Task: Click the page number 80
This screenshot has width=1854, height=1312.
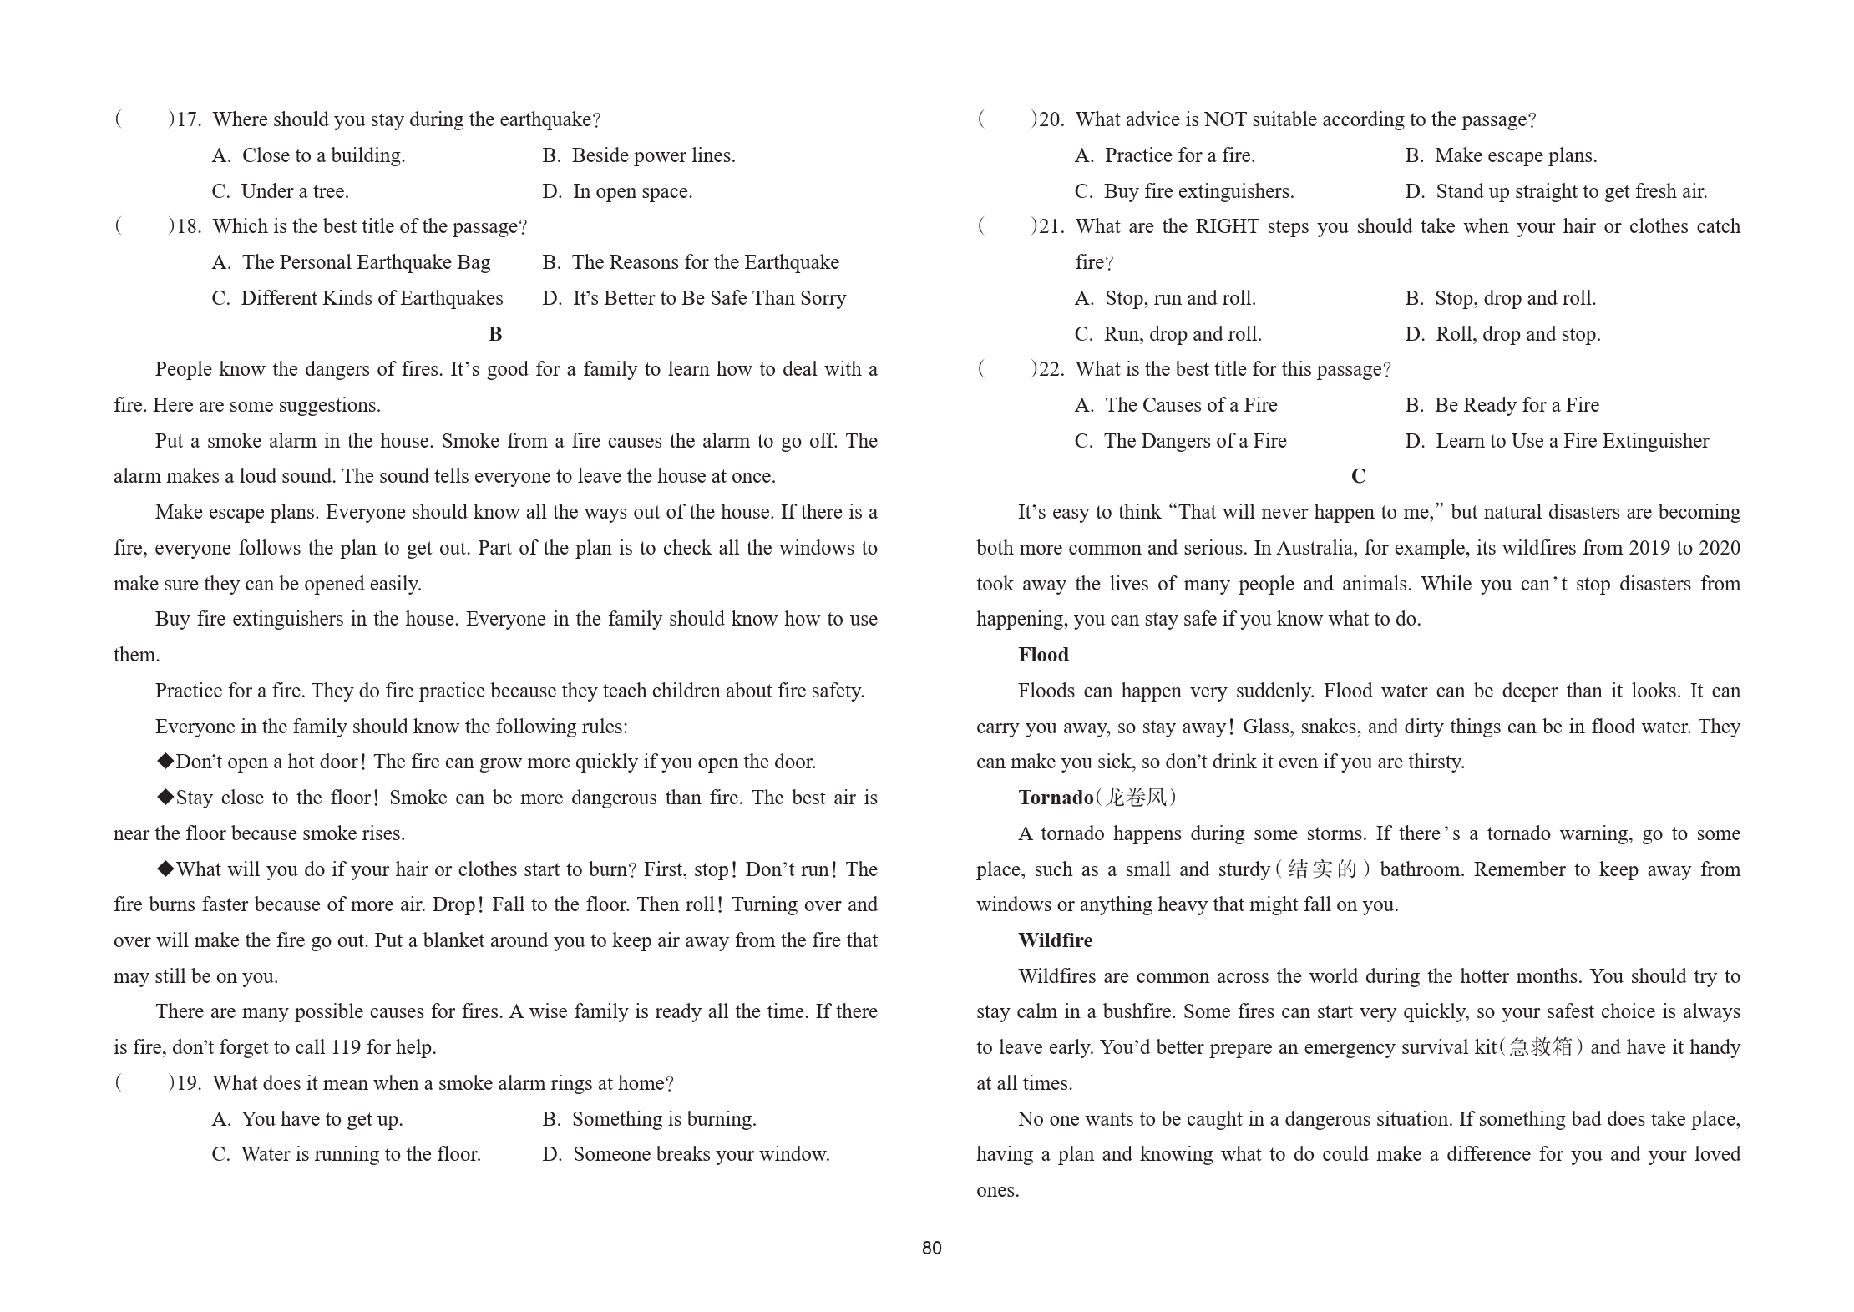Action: tap(931, 1248)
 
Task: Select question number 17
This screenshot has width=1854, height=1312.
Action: tap(190, 119)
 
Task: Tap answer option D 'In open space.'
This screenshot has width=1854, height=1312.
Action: tap(617, 191)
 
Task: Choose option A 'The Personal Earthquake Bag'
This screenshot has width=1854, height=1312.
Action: tap(352, 262)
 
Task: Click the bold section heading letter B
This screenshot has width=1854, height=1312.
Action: tap(495, 334)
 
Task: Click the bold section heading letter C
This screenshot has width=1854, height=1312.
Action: tap(1358, 476)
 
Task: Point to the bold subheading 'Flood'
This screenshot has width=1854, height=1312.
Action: tap(1043, 655)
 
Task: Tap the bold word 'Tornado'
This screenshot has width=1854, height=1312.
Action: tap(1056, 798)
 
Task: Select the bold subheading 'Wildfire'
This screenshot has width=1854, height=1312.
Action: tap(1055, 940)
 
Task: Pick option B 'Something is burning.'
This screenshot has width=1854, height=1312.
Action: tap(649, 1119)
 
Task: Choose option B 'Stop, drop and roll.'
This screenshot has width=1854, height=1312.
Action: tap(1500, 298)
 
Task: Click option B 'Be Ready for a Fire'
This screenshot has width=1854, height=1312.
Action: tap(1502, 405)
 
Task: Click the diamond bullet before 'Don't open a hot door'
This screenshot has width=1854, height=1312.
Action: tap(165, 762)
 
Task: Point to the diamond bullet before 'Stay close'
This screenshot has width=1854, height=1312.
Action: tap(165, 798)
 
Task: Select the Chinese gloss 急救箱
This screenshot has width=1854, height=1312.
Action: tap(1540, 1047)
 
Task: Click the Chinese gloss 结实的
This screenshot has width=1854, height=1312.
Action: tap(1323, 869)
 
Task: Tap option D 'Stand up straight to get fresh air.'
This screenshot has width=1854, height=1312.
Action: tap(1556, 191)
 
